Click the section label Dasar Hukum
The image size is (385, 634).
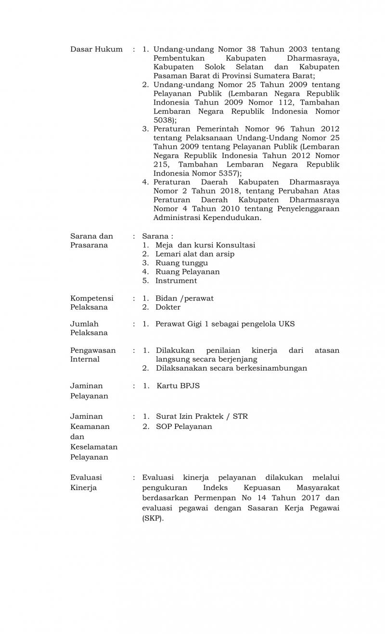(96, 49)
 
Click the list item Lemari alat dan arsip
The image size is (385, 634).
(195, 254)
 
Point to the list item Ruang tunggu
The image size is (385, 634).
(181, 263)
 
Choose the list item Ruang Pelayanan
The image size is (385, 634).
(187, 272)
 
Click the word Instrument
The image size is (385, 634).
(176, 281)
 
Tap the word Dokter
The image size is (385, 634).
(168, 307)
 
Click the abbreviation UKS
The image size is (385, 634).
(286, 324)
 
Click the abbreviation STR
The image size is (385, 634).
(240, 416)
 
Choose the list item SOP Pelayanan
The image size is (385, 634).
(184, 427)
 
